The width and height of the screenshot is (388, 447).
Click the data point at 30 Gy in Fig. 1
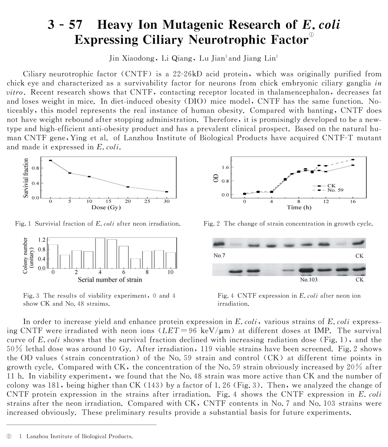[167, 192]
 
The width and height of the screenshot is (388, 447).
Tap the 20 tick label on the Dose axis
[128, 201]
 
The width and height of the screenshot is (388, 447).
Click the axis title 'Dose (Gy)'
[106, 207]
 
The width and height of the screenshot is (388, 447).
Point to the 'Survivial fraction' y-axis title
[26, 179]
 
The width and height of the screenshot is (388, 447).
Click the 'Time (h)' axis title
[300, 207]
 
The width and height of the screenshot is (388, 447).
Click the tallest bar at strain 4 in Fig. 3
[100, 253]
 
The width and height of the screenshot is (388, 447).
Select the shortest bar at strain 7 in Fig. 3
[136, 263]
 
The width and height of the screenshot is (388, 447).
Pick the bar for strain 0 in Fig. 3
[53, 257]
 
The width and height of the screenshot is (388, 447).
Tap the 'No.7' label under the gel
[219, 256]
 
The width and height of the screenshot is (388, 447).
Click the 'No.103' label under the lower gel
[309, 280]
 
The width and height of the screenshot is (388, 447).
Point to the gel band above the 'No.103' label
[309, 270]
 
